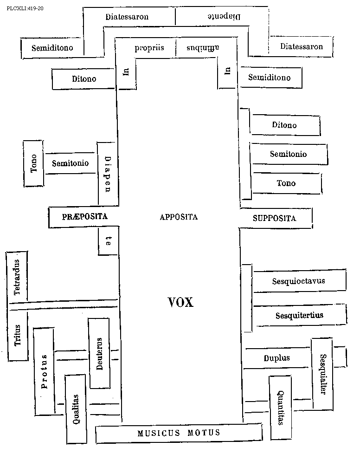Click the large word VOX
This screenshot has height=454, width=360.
click(x=180, y=302)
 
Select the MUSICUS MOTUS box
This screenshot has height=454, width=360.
click(x=179, y=434)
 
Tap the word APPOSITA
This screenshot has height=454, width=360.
click(x=179, y=217)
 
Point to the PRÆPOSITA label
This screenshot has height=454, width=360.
click(x=84, y=217)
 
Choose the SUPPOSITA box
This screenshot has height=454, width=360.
click(x=275, y=218)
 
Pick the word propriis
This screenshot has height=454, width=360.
click(x=149, y=48)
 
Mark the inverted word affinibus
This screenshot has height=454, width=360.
click(x=202, y=48)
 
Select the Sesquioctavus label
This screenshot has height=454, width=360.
click(x=298, y=281)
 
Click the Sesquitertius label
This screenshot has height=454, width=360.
click(x=299, y=316)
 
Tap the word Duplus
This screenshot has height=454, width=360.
click(x=276, y=358)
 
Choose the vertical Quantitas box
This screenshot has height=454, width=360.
click(x=280, y=407)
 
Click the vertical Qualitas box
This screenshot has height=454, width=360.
click(x=76, y=409)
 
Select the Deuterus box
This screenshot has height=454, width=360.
click(x=99, y=353)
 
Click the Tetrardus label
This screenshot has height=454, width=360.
click(x=17, y=277)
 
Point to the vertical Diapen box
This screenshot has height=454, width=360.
click(x=107, y=173)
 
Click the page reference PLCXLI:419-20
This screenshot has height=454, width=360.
click(x=28, y=8)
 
